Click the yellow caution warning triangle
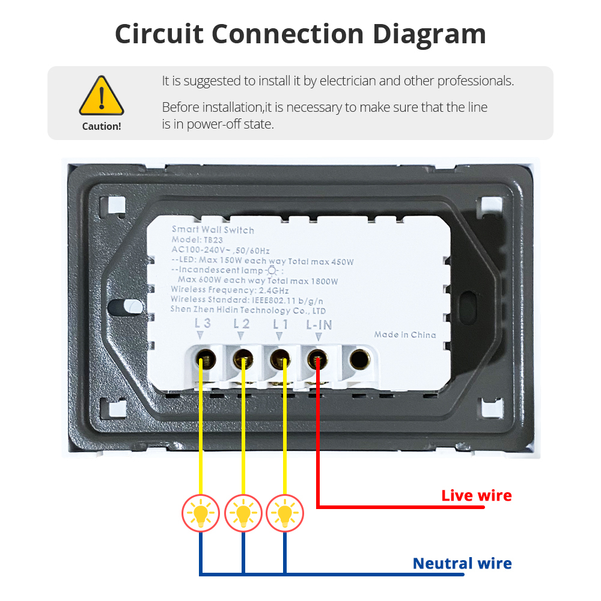point(102,97)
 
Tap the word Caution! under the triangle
point(102,126)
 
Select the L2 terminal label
point(242,324)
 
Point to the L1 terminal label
point(281,324)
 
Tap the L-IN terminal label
point(319,325)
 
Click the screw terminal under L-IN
point(316,360)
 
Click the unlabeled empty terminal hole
point(359,360)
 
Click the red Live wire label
point(477,496)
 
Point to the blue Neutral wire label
point(462,564)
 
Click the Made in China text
point(405,335)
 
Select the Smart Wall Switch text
point(213,230)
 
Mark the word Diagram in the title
point(429,34)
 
